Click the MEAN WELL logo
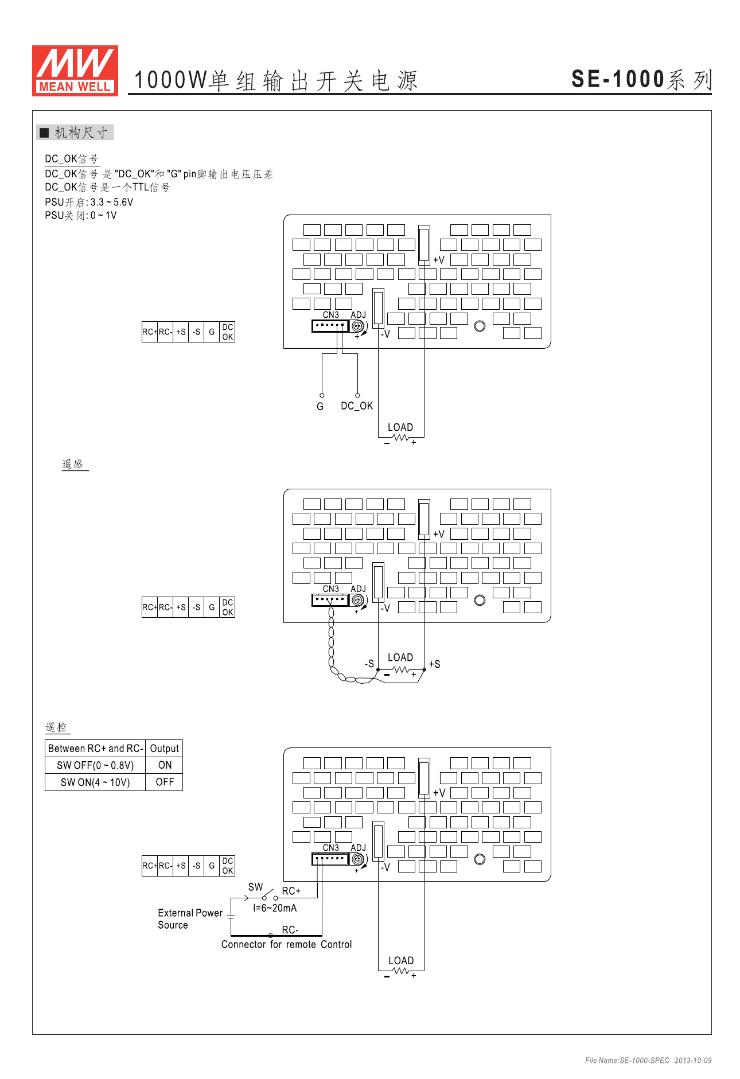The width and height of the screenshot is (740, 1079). point(75,71)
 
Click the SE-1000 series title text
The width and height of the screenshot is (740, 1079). point(641,80)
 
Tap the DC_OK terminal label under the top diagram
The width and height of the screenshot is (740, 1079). point(356,406)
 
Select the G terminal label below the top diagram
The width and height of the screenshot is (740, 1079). point(320,407)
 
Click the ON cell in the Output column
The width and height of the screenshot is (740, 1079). point(165,765)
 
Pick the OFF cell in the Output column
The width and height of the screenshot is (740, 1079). point(165,782)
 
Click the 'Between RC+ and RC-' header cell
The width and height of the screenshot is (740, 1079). point(95,749)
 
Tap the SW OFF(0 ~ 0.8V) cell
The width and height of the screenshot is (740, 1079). point(95,765)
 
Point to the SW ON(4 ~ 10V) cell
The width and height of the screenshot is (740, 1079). point(95,782)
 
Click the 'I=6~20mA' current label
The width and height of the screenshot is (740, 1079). point(275,908)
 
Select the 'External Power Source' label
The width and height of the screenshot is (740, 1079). point(190,919)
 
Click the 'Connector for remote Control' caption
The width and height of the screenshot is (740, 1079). point(286,945)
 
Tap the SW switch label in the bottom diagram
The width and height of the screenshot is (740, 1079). point(255,887)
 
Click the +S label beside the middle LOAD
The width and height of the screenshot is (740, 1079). point(435,664)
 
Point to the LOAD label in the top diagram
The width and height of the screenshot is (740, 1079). point(400,427)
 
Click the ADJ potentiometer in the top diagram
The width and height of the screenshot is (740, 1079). point(358,326)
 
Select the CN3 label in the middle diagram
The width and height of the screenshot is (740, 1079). point(331,589)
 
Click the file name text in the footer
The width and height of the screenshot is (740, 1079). point(648,1061)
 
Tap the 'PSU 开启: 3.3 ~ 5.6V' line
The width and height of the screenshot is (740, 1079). point(89,202)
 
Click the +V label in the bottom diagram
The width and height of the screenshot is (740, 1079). point(439,793)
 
